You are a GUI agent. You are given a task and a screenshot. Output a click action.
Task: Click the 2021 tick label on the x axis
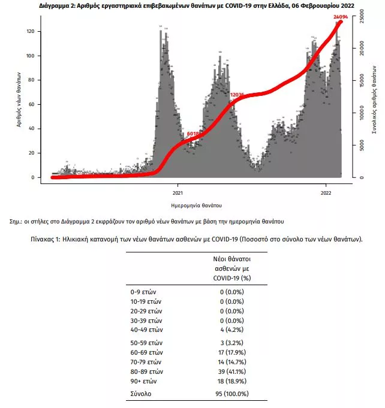pos(178,193)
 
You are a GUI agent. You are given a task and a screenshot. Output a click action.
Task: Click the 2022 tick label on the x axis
pos(326,193)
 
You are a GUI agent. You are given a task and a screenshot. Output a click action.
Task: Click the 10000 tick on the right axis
pos(362,112)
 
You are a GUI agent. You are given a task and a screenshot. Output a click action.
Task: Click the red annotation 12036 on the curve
pos(237,95)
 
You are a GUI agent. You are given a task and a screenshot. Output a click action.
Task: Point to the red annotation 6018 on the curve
pos(194,133)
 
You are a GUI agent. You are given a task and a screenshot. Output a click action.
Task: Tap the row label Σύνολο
pos(142,394)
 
